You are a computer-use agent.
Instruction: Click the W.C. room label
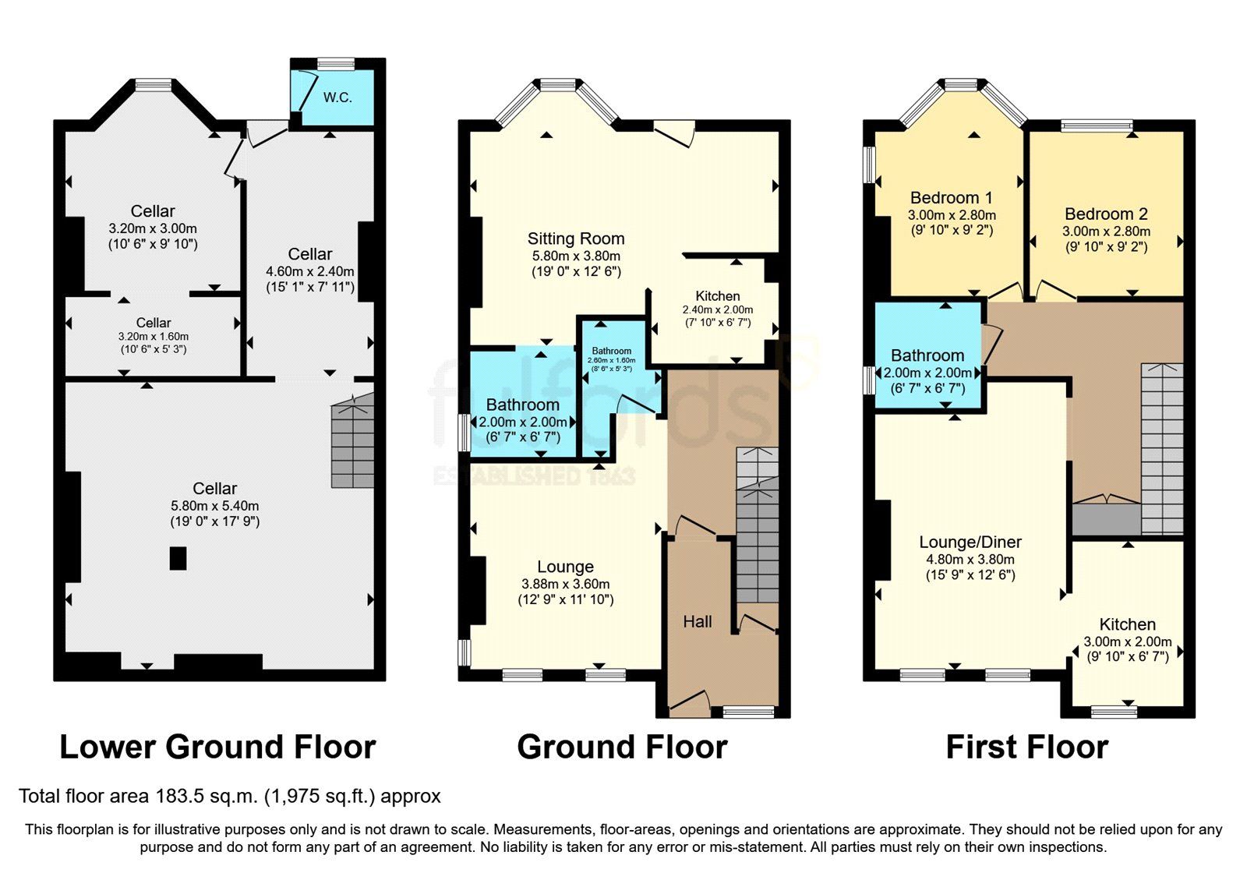click(337, 97)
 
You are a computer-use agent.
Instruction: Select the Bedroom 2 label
click(1105, 214)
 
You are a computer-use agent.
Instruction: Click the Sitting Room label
click(576, 239)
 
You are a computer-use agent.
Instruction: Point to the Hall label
click(698, 621)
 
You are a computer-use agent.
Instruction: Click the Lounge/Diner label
click(970, 542)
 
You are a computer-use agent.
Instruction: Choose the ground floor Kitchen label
click(717, 296)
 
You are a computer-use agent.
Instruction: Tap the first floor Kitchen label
click(1127, 624)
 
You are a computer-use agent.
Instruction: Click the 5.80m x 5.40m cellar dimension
click(214, 505)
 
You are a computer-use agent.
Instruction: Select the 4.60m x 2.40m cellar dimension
click(310, 271)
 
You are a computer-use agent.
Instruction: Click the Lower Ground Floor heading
click(217, 747)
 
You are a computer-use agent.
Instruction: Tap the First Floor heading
click(1026, 747)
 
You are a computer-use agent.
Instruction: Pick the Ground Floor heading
click(622, 747)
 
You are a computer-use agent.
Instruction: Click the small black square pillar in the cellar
click(178, 558)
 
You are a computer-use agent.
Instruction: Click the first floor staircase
click(1162, 448)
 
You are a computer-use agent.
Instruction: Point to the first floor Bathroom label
click(927, 355)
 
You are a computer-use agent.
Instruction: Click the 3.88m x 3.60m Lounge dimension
click(565, 584)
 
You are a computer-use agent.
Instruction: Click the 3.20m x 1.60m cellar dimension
click(153, 337)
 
